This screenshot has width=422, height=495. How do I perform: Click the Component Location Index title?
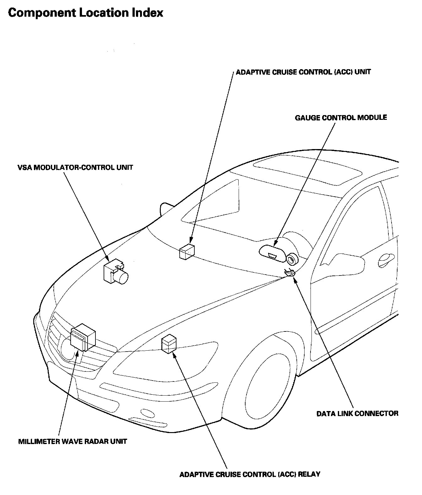coord(85,13)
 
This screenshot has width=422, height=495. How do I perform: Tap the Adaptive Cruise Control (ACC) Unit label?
coord(303,72)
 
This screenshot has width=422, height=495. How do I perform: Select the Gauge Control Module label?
coord(341,118)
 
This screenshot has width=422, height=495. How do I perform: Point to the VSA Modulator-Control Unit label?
coord(75,167)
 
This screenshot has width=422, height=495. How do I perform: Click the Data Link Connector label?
coord(357,413)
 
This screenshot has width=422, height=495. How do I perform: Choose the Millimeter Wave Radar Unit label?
coord(73,441)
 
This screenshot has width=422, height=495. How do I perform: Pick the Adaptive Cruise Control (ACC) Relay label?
coord(250,474)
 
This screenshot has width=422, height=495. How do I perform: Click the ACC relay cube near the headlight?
coord(169,344)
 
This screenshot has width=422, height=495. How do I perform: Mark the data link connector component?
coord(290,273)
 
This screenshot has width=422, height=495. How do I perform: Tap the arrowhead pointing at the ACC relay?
coord(175,356)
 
